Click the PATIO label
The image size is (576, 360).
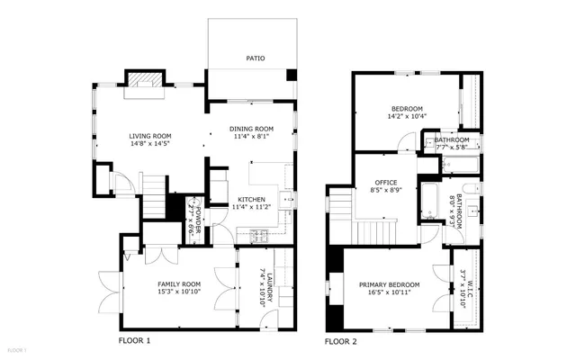(x=255, y=60)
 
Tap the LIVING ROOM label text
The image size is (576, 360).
(x=149, y=135)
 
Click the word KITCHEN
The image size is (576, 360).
(x=251, y=199)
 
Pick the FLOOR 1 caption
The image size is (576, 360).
(x=135, y=341)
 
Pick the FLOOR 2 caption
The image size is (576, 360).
(x=340, y=342)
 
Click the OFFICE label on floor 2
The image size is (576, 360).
(x=386, y=183)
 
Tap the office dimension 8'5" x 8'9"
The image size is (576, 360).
(x=386, y=191)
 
